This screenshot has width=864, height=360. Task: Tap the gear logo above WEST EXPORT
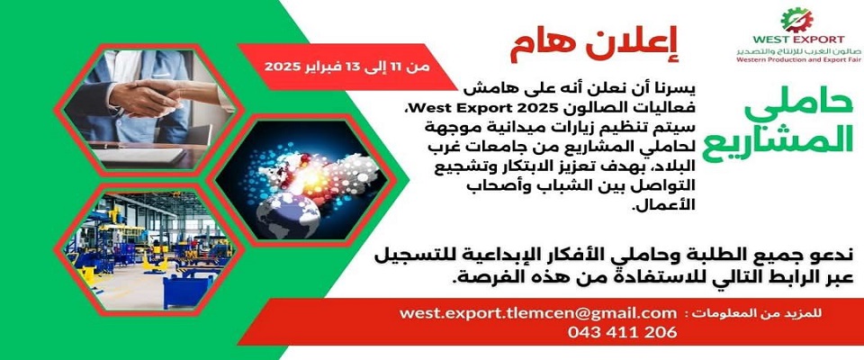tap(796, 21)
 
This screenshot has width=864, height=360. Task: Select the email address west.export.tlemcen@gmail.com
tap(538, 313)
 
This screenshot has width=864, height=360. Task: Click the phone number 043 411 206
tap(622, 332)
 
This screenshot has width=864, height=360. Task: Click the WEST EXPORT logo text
tap(798, 39)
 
